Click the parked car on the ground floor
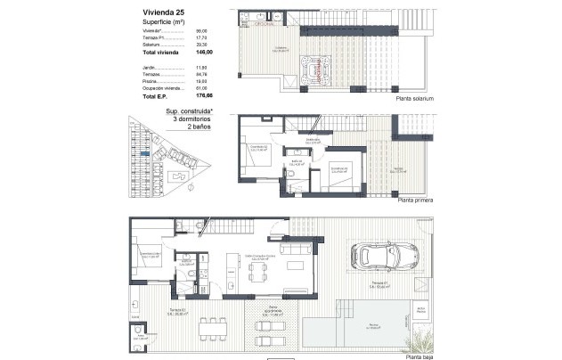(x=381, y=257)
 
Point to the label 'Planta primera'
(x=415, y=201)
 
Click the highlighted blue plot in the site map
(x=145, y=154)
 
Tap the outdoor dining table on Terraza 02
(x=213, y=327)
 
